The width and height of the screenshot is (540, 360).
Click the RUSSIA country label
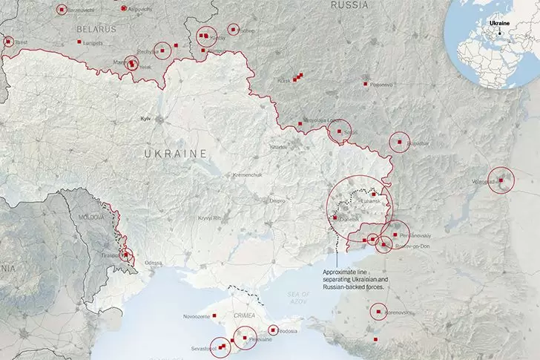[x=349, y=5]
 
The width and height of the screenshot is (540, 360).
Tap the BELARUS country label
[x=96, y=29]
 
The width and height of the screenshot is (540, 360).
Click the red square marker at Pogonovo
[x=366, y=85]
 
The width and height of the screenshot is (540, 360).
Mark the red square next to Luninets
[x=79, y=43]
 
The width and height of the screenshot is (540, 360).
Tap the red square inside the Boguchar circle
[x=399, y=141]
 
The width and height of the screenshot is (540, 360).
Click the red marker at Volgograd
[x=502, y=180]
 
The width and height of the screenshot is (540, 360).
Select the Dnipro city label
[x=277, y=200]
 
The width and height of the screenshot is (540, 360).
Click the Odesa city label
[x=153, y=263]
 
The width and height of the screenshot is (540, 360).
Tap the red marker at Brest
[x=8, y=42]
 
